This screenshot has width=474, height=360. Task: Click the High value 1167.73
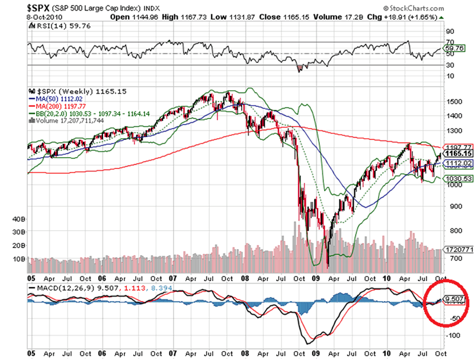[184, 17]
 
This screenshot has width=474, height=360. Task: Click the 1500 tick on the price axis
[453, 102]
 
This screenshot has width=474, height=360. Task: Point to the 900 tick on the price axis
[451, 207]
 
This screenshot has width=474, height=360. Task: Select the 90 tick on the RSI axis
[450, 31]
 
